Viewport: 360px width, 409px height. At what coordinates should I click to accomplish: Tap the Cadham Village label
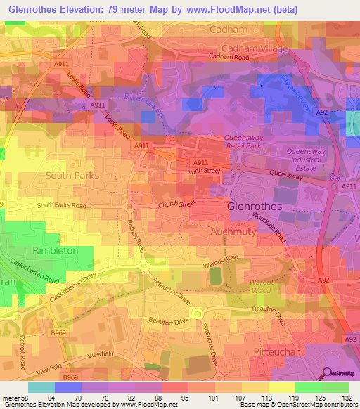click(x=255, y=48)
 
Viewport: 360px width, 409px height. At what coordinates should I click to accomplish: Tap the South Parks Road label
click(x=62, y=206)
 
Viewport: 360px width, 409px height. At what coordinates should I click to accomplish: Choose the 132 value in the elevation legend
click(x=347, y=397)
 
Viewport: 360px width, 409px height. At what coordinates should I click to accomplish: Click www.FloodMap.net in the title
click(x=229, y=10)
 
